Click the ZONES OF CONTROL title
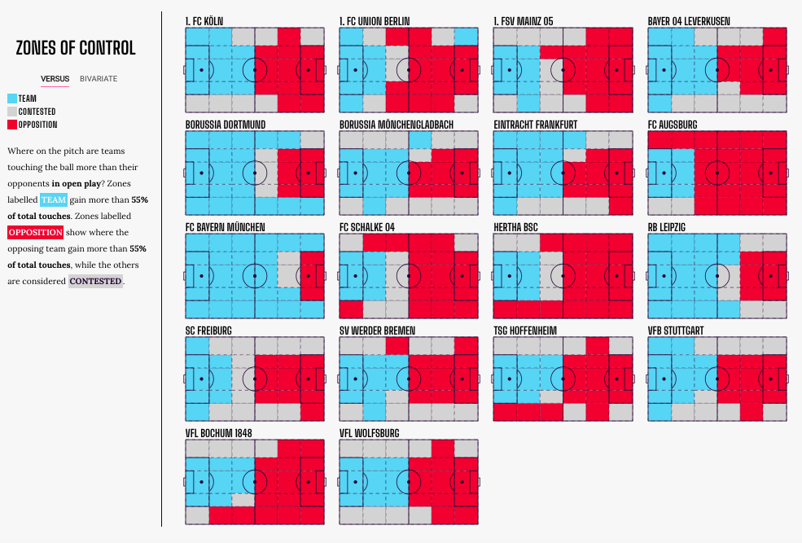pos(76,48)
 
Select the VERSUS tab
pos(55,79)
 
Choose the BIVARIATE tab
pos(99,79)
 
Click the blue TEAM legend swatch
pos(11,98)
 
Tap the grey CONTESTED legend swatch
pos(11,111)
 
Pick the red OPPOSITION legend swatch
pos(11,125)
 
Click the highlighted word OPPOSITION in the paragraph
pos(35,233)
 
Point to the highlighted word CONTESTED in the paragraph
pos(95,282)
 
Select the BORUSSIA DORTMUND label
pos(226,124)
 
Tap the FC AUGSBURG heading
pos(673,124)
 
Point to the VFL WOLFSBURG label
pos(370,433)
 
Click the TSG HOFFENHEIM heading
pos(526,331)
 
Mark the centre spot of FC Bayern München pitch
pos(255,276)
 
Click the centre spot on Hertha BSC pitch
pos(563,276)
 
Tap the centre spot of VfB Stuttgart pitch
pos(717,379)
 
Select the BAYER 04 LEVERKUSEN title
pos(689,20)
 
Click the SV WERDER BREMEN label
pos(378,331)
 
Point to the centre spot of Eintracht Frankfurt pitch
pos(563,173)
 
